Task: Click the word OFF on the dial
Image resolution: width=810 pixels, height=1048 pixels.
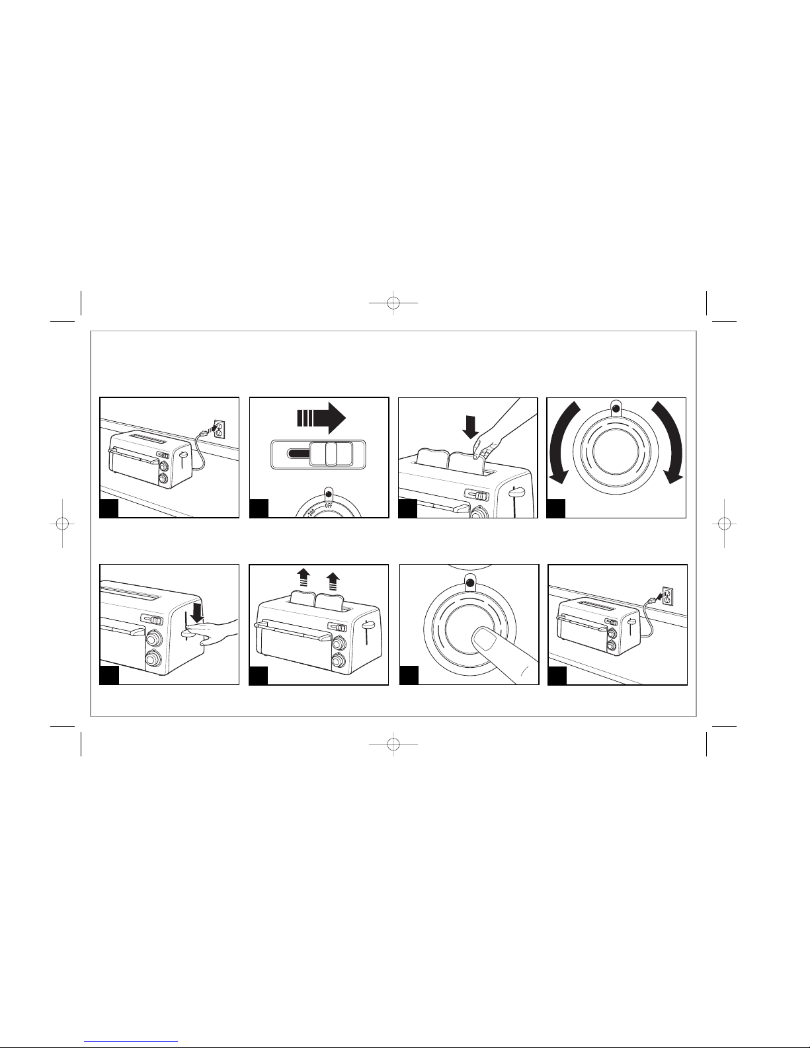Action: pyautogui.click(x=329, y=505)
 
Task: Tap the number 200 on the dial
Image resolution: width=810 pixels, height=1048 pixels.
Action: pyautogui.click(x=311, y=512)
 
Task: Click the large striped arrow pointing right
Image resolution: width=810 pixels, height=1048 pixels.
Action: pyautogui.click(x=321, y=418)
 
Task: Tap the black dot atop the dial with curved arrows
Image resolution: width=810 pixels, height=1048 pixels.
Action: pyautogui.click(x=616, y=409)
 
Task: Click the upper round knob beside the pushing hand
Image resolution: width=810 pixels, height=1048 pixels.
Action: pyautogui.click(x=154, y=639)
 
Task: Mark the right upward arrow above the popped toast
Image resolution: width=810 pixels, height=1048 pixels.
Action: pyautogui.click(x=333, y=581)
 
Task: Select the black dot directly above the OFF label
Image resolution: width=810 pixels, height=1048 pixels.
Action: pyautogui.click(x=329, y=495)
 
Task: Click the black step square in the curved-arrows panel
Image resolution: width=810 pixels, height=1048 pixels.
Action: pyautogui.click(x=555, y=509)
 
